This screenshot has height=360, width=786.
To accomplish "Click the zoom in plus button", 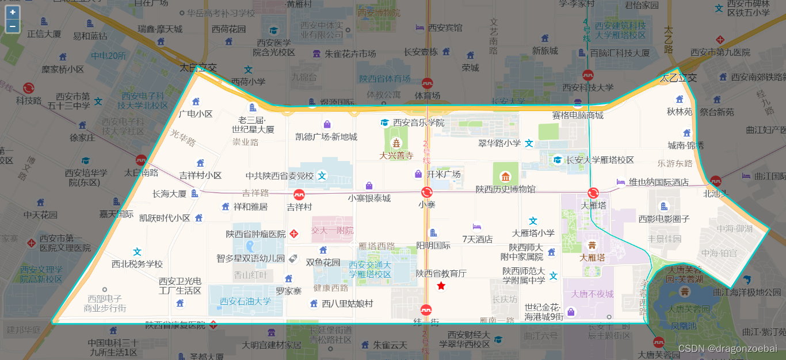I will click(x=13, y=12).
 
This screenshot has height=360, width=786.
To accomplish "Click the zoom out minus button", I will click(x=13, y=26).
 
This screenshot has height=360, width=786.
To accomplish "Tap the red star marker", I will click(x=441, y=286).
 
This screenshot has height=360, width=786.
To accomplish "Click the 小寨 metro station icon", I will click(x=427, y=192).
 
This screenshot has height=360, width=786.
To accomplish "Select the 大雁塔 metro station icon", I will click(x=593, y=193).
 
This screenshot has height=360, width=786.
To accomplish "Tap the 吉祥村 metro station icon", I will click(x=299, y=194).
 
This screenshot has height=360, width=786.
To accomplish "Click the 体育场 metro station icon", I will click(x=427, y=83).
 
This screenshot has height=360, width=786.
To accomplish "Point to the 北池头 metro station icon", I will click(x=715, y=181).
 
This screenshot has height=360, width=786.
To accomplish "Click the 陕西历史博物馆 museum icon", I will click(x=505, y=177).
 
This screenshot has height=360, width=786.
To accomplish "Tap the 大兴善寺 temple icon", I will click(x=396, y=143).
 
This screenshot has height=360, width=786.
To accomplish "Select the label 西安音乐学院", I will click(x=419, y=122).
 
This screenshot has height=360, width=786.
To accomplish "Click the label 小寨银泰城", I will click(x=369, y=198).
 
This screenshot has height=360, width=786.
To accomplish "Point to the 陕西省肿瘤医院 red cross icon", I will click(x=294, y=233).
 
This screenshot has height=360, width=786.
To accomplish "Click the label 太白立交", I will click(x=198, y=67).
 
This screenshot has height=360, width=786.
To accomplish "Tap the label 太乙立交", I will click(x=678, y=78).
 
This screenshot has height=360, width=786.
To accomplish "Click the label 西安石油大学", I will click(x=245, y=301).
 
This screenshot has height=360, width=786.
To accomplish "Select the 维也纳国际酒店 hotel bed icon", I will click(x=621, y=182).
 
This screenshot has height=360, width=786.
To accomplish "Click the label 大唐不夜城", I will click(x=593, y=294).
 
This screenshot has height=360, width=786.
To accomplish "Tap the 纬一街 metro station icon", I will click(x=426, y=309).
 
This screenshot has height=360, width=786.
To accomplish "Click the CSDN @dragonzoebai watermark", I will click(x=727, y=348).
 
